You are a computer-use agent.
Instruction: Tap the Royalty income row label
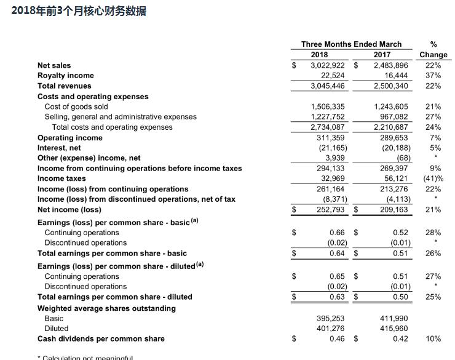(x=65, y=76)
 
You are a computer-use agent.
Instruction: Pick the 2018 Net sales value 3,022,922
(x=328, y=65)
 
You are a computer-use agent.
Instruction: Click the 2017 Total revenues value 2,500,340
(x=391, y=86)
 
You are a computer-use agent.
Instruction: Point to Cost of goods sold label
(x=76, y=106)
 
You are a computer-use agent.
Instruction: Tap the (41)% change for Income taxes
(x=433, y=178)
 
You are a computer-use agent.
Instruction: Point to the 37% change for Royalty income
(x=433, y=76)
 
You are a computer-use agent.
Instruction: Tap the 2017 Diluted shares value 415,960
(x=394, y=329)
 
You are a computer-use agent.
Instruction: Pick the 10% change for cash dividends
(x=433, y=339)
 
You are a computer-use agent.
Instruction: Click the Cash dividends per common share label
(x=101, y=339)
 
